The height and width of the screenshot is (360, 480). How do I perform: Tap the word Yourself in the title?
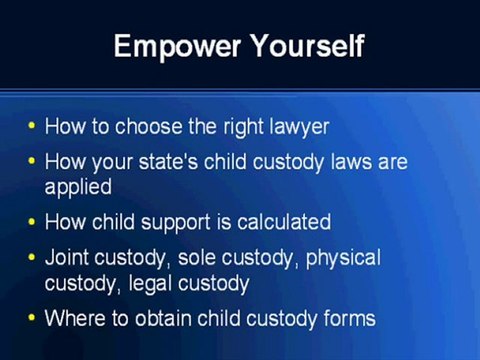[303, 46]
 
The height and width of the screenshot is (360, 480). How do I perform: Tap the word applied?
[75, 185]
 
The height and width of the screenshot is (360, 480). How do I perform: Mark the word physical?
[343, 257]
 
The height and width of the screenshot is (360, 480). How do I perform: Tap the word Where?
[72, 318]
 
